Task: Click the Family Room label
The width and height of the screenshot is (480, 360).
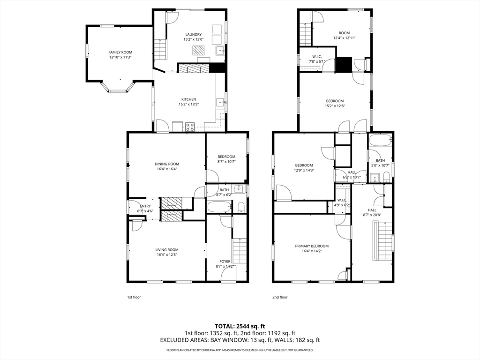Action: click(120, 52)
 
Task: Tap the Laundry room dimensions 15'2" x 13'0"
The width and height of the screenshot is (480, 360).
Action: click(194, 39)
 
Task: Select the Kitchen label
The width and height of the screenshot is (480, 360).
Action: click(188, 99)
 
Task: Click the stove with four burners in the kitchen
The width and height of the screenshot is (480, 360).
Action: click(190, 127)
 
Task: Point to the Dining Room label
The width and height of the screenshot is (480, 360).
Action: click(167, 164)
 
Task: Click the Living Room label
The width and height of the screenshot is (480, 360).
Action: click(167, 250)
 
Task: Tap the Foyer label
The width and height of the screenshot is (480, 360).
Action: click(225, 262)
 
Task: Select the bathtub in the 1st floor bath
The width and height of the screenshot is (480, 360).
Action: click(219, 206)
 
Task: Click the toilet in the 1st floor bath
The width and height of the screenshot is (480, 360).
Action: click(241, 207)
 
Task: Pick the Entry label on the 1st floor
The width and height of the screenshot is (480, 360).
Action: click(145, 206)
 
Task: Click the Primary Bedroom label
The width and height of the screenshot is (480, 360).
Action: click(312, 246)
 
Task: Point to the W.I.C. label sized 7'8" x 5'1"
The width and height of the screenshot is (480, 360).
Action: click(317, 57)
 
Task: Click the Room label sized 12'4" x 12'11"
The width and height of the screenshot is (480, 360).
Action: click(344, 33)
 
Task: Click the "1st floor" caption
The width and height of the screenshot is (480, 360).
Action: click(134, 297)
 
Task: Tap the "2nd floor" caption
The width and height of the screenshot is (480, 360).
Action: click(280, 297)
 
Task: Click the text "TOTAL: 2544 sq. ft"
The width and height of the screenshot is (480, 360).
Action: click(240, 326)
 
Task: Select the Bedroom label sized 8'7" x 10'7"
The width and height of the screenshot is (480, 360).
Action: click(226, 157)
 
